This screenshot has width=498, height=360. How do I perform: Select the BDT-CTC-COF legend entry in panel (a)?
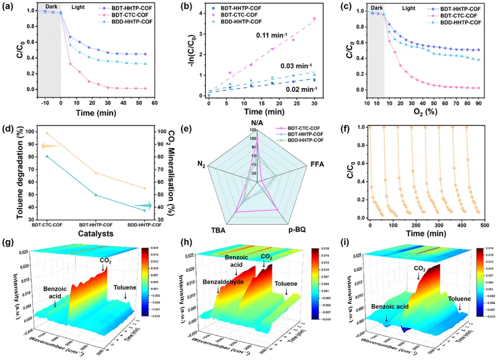coord(128,17)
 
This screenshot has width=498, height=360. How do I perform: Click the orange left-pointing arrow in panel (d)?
coord(51,146)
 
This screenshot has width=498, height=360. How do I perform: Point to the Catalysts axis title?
coord(98,234)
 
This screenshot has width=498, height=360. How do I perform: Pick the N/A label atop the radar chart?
coord(257,122)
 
